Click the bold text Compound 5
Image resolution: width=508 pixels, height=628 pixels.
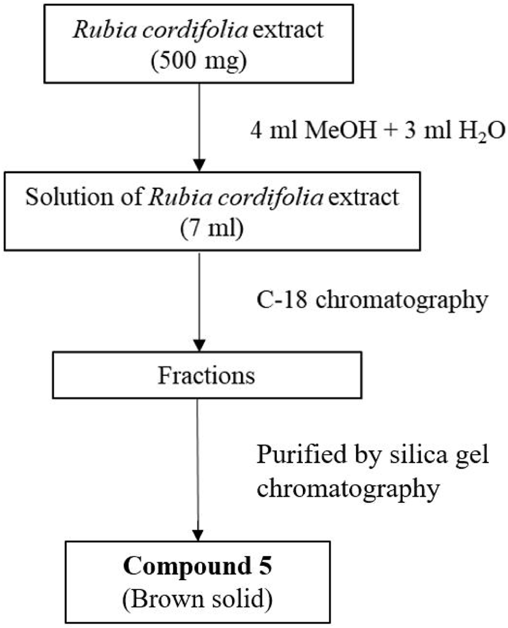pos(198,568)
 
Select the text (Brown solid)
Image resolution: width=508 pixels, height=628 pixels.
pos(198,600)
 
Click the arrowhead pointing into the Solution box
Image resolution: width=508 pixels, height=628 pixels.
pos(198,164)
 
